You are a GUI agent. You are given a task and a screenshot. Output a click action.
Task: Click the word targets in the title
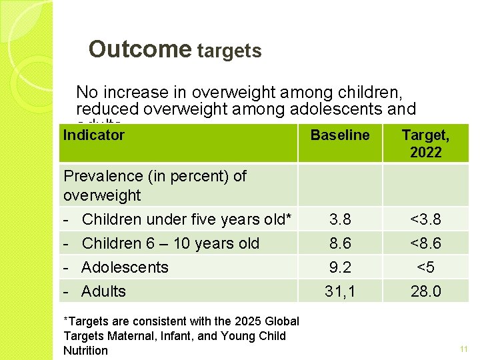[x=229, y=51]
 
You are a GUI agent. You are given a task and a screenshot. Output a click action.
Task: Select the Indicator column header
[x=93, y=135]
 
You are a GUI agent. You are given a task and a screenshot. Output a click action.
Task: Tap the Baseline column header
[x=340, y=135]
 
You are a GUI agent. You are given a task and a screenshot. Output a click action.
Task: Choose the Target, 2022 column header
[x=425, y=143]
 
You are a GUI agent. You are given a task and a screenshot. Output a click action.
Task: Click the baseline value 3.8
[x=340, y=219]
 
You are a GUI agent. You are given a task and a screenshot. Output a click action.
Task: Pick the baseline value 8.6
[x=340, y=243]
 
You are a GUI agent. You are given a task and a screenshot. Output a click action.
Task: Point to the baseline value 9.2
[x=340, y=267]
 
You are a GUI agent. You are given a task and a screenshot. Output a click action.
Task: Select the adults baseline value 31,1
[x=340, y=291]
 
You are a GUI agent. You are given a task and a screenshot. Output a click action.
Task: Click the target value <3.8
[x=425, y=219]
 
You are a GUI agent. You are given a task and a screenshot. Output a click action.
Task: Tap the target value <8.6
[x=425, y=243]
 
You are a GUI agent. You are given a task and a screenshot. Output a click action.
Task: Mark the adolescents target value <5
[x=425, y=267]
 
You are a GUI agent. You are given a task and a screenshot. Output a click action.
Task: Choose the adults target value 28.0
[x=425, y=291]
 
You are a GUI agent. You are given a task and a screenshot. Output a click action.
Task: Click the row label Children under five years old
[x=187, y=219]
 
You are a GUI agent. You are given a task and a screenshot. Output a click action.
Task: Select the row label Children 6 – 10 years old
[x=170, y=243]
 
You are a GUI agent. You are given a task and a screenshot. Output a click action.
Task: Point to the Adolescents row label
[x=125, y=267]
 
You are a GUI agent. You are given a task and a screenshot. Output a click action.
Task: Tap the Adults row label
[x=103, y=291]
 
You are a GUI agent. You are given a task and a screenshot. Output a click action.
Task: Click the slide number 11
[x=464, y=349]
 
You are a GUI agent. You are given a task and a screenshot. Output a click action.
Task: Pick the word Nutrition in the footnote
[x=85, y=351]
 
